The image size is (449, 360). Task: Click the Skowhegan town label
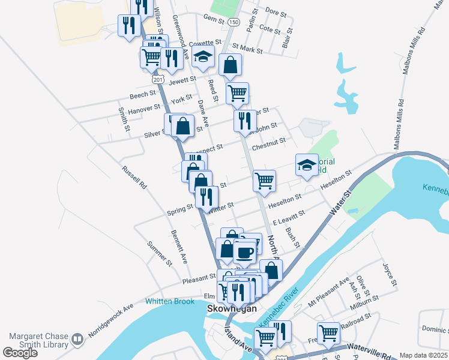232,308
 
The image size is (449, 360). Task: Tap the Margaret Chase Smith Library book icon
77,340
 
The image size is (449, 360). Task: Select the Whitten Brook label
169,301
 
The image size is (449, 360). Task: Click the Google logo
20,353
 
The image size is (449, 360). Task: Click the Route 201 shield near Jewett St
157,79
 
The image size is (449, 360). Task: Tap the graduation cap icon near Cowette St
203,58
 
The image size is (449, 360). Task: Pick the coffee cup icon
244,253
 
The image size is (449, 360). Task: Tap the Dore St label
276,11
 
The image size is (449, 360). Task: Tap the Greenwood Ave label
181,37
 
